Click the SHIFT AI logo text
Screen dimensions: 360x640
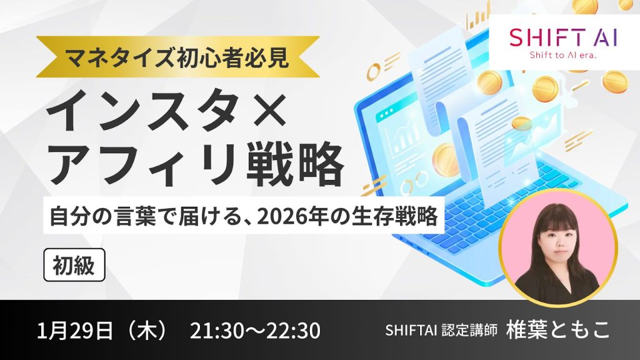(x=563, y=37)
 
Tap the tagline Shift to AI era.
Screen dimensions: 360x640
(x=564, y=56)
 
